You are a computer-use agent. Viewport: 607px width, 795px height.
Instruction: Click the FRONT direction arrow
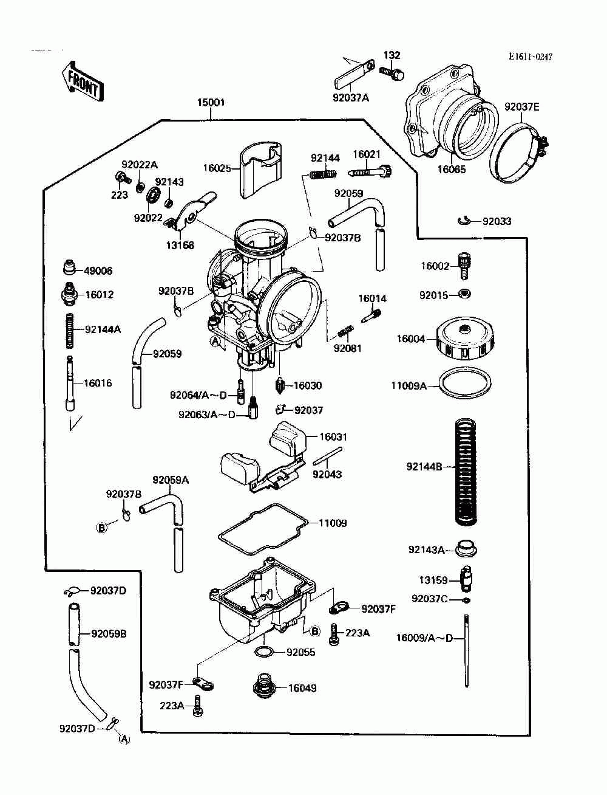pos(82,81)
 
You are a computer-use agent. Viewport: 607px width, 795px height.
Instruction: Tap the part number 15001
pos(211,103)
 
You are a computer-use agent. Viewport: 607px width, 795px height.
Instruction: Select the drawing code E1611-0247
pos(531,57)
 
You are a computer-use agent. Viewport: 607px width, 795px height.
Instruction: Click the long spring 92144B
pos(466,472)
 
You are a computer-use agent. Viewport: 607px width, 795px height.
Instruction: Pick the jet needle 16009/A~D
pos(466,650)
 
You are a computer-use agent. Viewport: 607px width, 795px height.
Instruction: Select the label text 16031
pos(333,437)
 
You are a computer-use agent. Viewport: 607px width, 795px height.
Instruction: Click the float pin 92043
pos(327,456)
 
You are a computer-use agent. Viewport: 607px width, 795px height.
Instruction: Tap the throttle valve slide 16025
pos(260,170)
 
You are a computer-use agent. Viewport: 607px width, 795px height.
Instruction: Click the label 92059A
pos(171,480)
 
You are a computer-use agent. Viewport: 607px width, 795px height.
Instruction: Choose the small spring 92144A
pos(70,330)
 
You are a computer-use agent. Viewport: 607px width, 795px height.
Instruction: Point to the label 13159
pos(433,580)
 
